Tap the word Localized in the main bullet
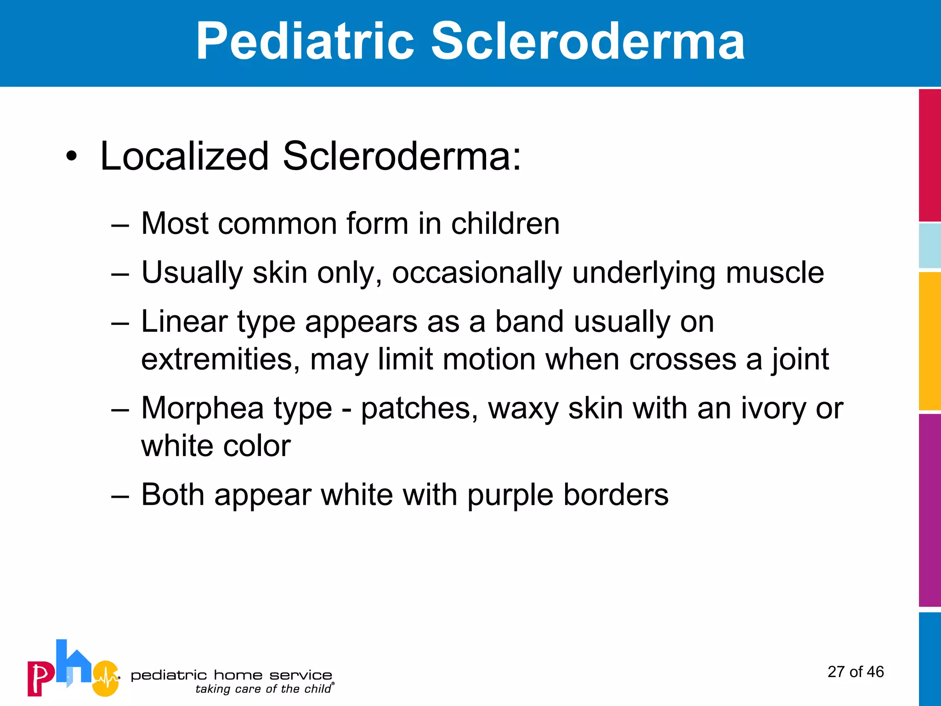pos(184,156)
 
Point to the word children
pos(505,224)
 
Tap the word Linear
pos(184,321)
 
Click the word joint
pos(800,360)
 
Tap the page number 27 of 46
pos(856,672)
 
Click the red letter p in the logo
pos(40,678)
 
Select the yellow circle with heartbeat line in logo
pos(106,678)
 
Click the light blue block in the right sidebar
pos(930,246)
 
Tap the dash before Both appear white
pos(120,495)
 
